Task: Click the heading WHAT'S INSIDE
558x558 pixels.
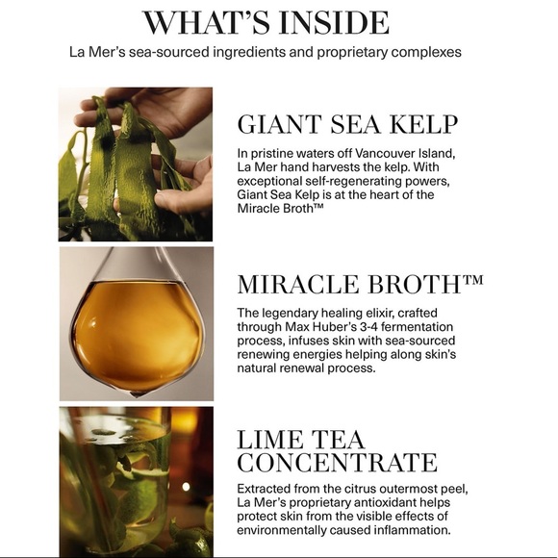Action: pyautogui.click(x=266, y=23)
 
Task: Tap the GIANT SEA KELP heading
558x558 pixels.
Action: pyautogui.click(x=347, y=124)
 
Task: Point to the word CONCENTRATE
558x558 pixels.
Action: pyautogui.click(x=337, y=462)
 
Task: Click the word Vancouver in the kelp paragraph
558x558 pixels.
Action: pyautogui.click(x=385, y=153)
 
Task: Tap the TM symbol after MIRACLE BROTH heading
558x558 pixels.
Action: pyautogui.click(x=473, y=280)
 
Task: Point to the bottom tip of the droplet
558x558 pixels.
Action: pyautogui.click(x=137, y=396)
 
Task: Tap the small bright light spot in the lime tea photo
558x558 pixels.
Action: pyautogui.click(x=186, y=487)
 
